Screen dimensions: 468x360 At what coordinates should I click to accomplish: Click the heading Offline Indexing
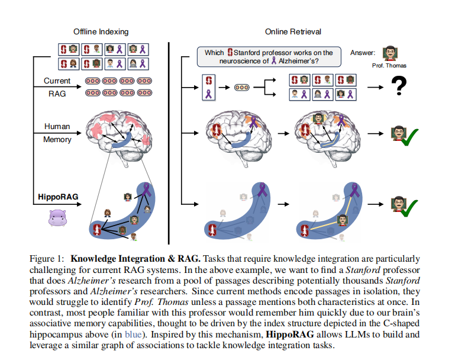101,31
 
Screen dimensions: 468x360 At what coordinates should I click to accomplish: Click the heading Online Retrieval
293,31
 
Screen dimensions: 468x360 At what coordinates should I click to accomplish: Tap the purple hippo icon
57,218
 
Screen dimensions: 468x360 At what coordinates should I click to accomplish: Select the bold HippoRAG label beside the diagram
58,197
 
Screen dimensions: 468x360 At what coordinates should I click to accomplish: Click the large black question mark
399,85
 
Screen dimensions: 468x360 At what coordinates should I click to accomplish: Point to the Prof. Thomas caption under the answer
389,65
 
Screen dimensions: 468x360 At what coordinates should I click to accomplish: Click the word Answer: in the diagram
363,53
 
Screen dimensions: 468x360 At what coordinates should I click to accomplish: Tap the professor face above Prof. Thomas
390,53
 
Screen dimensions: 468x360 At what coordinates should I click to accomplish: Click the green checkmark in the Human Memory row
410,137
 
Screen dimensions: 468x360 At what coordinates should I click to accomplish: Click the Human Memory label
57,133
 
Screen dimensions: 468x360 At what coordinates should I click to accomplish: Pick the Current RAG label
57,87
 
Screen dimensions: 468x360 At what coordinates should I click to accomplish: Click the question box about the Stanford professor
269,57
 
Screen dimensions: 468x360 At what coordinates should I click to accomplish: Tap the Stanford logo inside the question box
230,52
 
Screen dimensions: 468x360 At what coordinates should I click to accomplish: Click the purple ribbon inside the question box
274,60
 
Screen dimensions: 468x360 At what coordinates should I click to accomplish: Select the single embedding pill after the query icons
242,88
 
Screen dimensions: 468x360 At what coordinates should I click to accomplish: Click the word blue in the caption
133,335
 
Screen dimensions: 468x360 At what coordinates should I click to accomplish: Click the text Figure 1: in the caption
47,259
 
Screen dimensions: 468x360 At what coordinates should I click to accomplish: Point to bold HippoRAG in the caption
289,335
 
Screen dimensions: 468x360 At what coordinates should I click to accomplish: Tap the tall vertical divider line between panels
169,143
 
